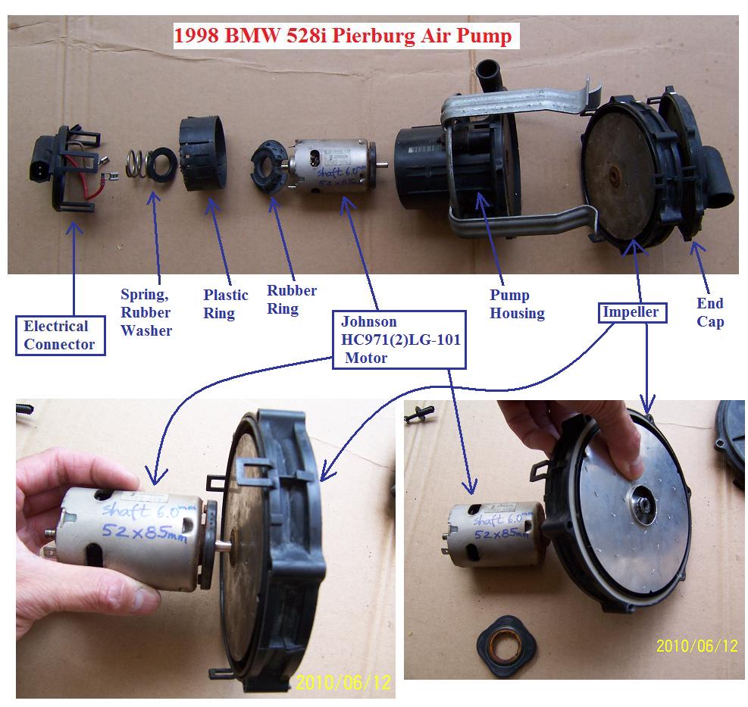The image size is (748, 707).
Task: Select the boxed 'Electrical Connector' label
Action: (x=60, y=336)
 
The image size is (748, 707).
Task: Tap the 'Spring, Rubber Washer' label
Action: (x=146, y=311)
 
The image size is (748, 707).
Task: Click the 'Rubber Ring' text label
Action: (x=292, y=299)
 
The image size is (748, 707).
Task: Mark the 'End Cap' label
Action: (x=710, y=312)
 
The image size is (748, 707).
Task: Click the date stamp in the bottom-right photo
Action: (x=696, y=646)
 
